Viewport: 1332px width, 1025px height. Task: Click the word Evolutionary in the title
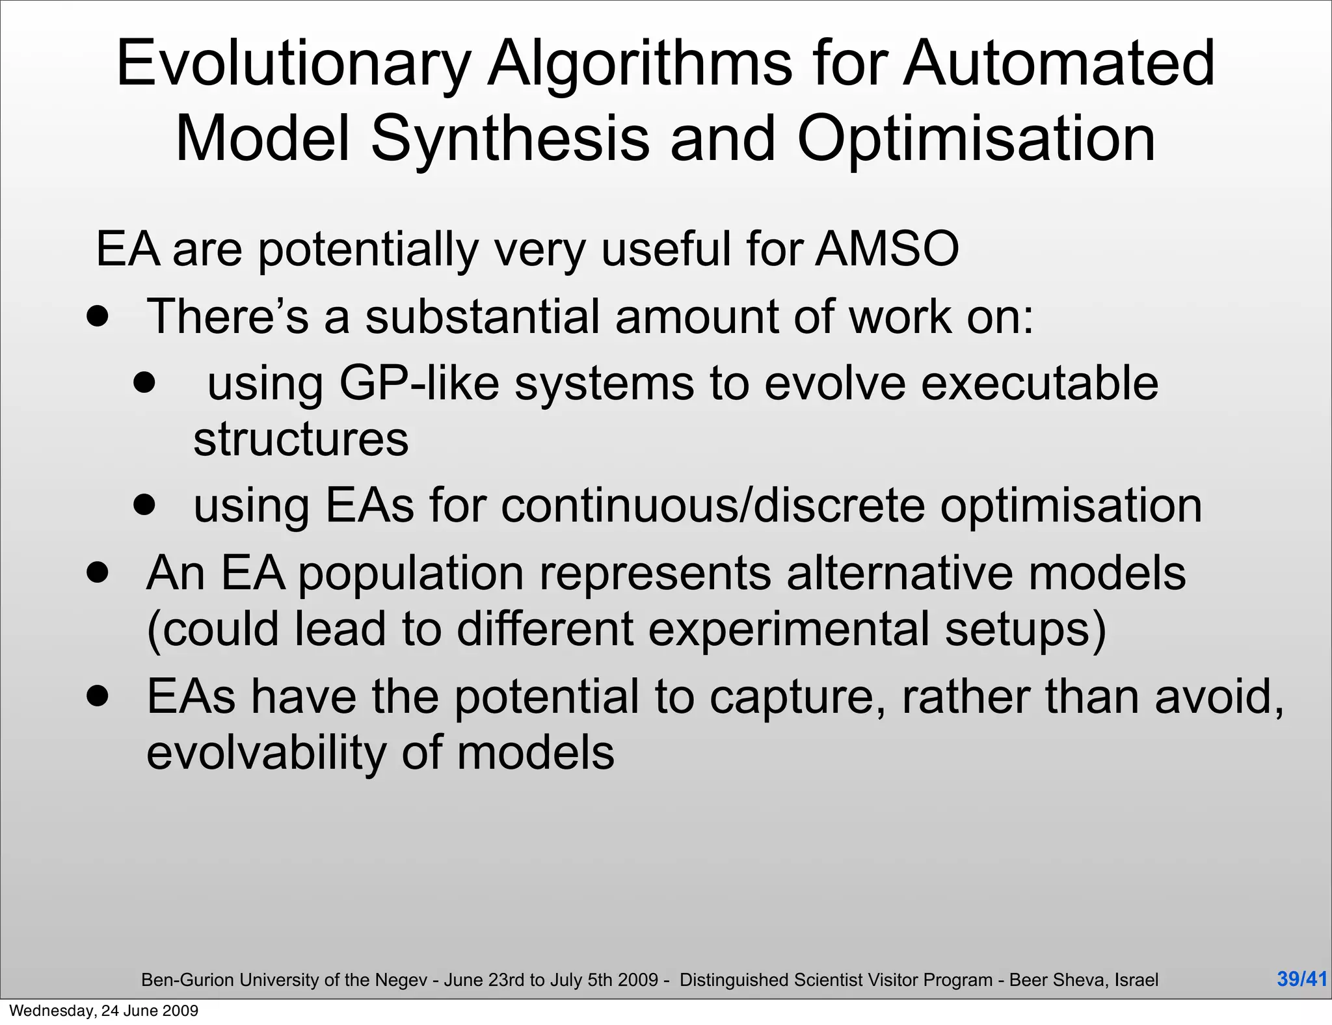click(293, 64)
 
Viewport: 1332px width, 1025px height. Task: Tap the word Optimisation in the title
click(976, 139)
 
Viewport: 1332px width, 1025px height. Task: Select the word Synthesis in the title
click(510, 139)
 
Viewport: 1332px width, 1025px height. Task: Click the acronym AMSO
click(887, 249)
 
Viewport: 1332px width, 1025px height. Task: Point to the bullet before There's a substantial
click(98, 317)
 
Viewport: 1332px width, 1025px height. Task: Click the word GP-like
click(419, 383)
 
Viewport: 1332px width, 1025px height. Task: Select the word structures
click(300, 440)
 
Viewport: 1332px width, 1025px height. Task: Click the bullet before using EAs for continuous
click(144, 504)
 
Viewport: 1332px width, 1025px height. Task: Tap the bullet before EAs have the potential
click(98, 697)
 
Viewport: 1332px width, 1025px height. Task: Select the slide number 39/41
click(1301, 979)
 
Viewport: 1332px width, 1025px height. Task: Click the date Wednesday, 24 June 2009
click(104, 1011)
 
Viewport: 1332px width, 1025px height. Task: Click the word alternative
click(899, 574)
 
